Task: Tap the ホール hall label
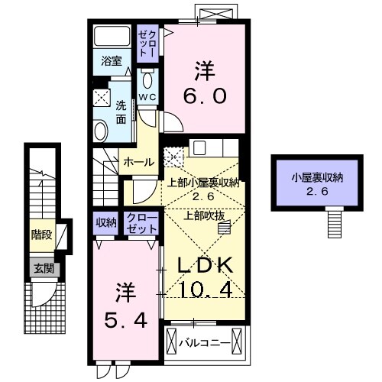coord(138,162)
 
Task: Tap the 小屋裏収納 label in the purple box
coord(316,177)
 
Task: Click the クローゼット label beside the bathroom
coord(147,43)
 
